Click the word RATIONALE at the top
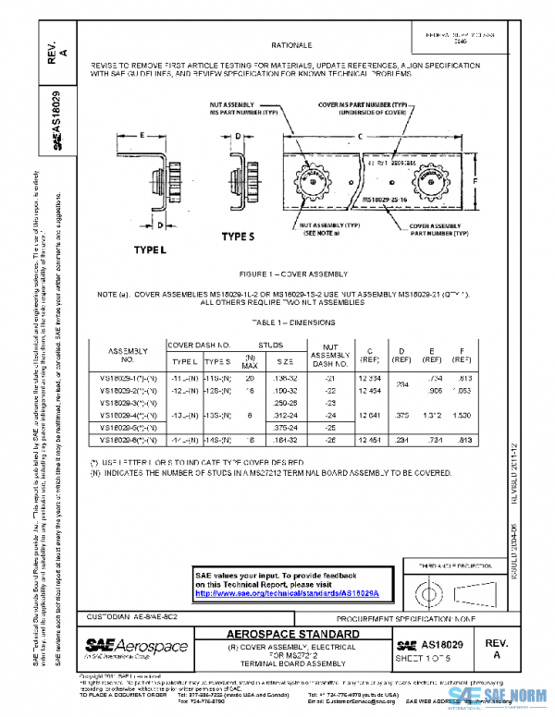(291, 44)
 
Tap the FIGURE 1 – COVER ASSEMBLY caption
(292, 274)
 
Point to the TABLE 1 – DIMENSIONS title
(293, 322)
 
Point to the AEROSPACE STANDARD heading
(293, 635)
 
